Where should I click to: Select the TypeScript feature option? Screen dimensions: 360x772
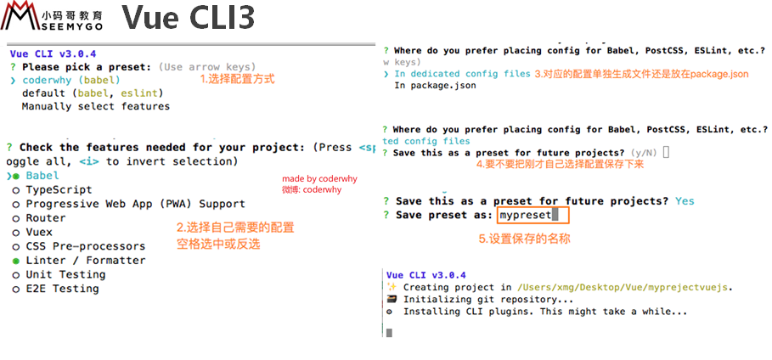(59, 189)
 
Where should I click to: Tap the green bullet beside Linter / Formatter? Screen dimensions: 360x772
(15, 261)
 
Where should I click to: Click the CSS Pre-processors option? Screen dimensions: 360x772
(85, 246)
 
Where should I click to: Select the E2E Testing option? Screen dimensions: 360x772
(62, 289)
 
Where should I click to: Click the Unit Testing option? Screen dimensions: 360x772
(65, 274)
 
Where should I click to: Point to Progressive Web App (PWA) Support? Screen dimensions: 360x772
(135, 204)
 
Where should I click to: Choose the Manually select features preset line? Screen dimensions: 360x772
(95, 107)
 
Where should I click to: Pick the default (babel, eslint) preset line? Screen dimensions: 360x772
(93, 93)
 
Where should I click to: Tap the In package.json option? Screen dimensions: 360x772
(435, 86)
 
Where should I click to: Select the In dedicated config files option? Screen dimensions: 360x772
(462, 74)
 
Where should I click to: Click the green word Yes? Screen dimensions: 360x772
(685, 201)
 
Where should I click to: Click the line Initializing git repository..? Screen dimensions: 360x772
(488, 299)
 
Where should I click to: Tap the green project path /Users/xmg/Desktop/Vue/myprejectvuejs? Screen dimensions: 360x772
(623, 287)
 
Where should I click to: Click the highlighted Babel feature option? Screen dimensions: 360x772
(42, 176)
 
